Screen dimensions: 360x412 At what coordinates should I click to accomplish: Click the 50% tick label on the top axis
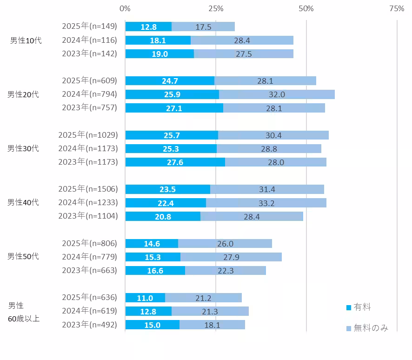306,8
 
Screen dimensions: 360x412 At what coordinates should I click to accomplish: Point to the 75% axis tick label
397,8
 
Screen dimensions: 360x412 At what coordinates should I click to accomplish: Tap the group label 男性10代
26,40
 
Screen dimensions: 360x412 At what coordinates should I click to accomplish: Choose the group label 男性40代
23,202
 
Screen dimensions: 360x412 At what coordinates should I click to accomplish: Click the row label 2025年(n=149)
90,27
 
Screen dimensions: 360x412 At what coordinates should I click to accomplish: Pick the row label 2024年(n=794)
90,94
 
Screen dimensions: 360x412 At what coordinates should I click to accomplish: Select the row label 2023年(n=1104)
88,216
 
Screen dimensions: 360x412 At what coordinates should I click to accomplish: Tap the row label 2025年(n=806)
90,243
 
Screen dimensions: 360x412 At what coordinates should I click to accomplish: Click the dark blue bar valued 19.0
159,54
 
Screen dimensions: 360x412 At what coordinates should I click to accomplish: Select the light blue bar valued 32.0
277,94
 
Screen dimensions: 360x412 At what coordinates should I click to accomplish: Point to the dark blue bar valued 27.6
175,162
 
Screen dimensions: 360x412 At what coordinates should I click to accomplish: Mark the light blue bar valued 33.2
266,202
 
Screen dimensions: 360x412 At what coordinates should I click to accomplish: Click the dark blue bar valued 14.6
152,243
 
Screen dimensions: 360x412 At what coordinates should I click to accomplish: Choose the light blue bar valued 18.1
212,325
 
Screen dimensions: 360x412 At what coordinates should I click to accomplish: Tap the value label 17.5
203,27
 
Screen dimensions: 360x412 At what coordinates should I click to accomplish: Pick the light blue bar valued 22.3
226,270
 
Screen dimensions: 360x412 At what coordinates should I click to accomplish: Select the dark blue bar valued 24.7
170,81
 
